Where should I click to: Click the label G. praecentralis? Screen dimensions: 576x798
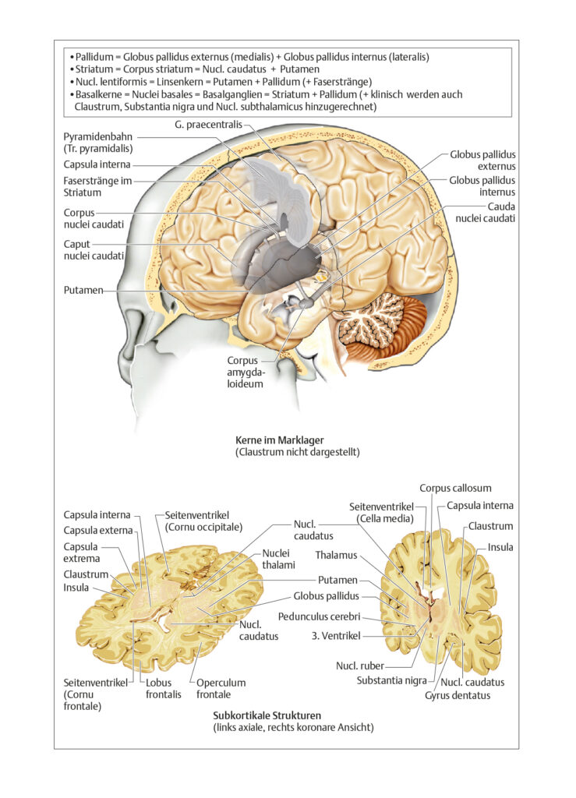click(x=209, y=125)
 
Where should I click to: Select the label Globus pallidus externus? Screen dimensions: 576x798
click(x=482, y=161)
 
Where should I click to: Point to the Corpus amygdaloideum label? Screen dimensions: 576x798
click(x=245, y=372)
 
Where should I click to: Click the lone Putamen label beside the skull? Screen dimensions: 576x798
click(x=83, y=290)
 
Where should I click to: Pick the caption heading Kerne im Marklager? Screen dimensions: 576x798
click(x=279, y=440)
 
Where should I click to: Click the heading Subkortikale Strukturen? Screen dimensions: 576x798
click(x=267, y=715)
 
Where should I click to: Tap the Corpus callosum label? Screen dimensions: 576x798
click(x=455, y=488)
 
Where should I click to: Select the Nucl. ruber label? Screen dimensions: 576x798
click(x=360, y=666)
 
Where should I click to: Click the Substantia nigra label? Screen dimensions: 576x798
click(x=392, y=680)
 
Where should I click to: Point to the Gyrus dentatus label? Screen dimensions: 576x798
click(x=458, y=695)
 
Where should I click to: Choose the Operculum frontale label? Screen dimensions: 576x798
click(x=221, y=689)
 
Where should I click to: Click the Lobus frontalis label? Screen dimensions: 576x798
click(x=164, y=689)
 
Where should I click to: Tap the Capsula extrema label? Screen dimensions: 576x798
click(x=81, y=553)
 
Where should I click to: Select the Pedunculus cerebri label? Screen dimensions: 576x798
click(x=319, y=616)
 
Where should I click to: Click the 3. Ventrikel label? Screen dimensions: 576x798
click(x=336, y=636)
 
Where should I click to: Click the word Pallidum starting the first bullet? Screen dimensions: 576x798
click(x=94, y=57)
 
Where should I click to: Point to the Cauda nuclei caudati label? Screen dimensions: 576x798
click(x=486, y=212)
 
